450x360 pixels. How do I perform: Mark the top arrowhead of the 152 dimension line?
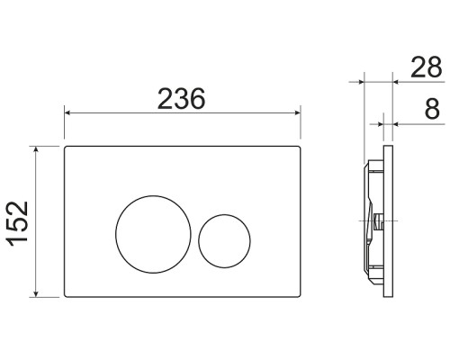[35, 149]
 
